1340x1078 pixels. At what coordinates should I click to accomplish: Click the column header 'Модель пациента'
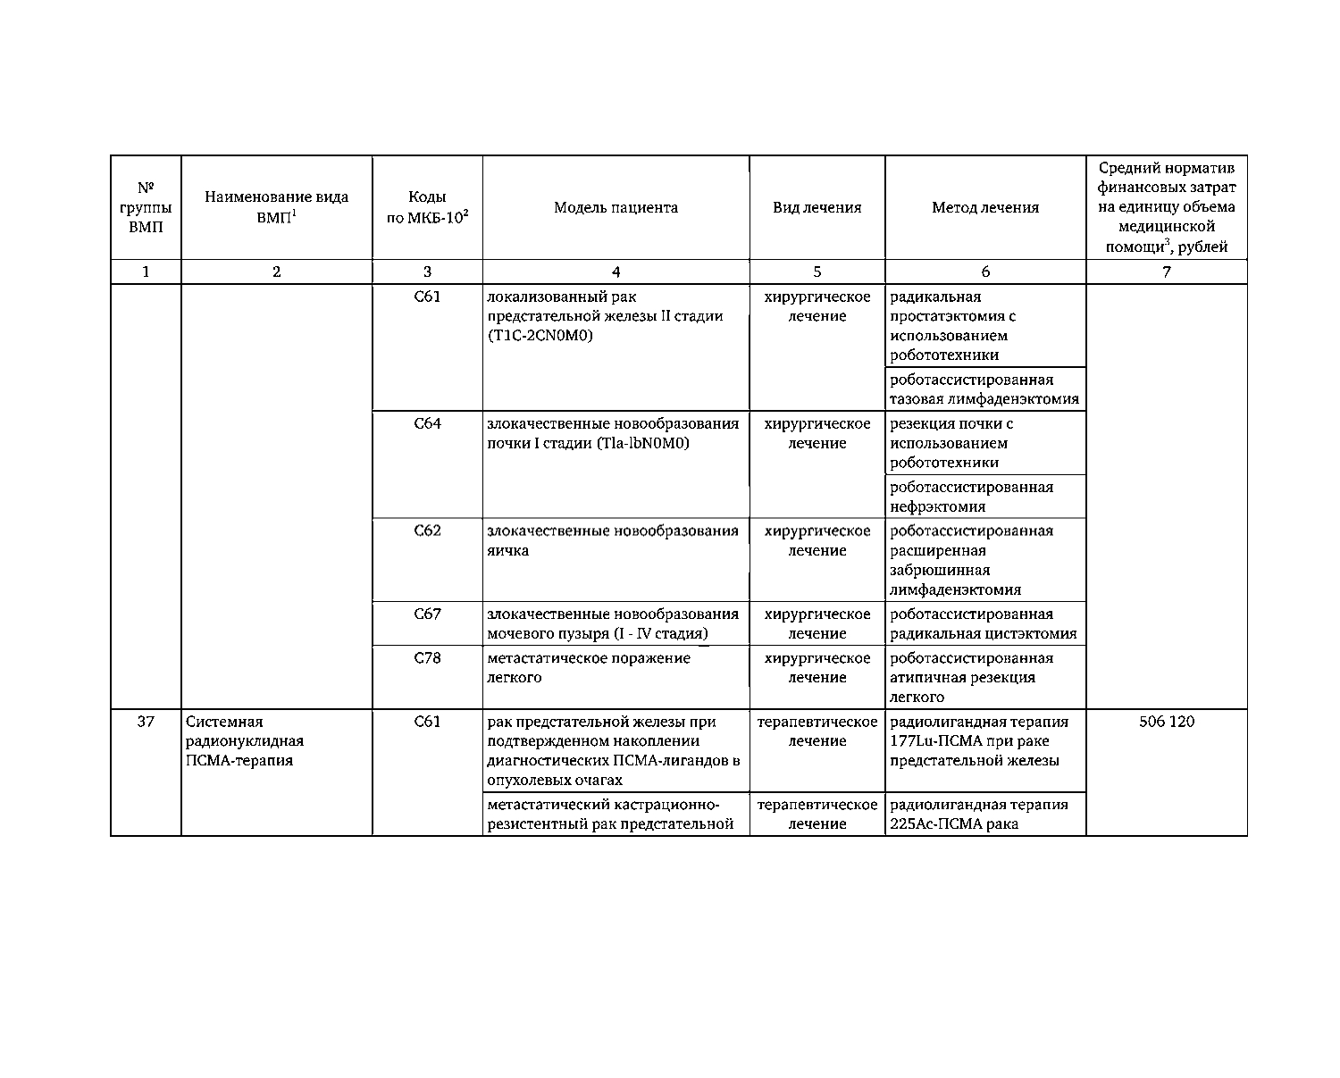point(616,208)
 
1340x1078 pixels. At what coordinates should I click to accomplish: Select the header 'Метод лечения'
point(985,208)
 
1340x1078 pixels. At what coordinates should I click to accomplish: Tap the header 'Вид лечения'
point(817,208)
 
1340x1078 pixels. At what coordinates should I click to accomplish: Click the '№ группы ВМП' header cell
point(146,208)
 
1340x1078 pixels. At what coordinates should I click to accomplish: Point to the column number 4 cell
point(616,272)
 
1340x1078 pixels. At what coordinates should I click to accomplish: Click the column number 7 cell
point(1166,272)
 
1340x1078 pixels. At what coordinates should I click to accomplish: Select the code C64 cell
point(427,423)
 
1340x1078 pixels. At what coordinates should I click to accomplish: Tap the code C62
point(427,531)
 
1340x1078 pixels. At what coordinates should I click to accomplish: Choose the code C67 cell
point(427,614)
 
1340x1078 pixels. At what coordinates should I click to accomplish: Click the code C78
point(427,658)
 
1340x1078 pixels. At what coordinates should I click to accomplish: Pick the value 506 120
point(1166,722)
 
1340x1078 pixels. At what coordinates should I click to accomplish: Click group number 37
point(146,722)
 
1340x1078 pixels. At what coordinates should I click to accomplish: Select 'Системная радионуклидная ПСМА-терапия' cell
point(245,741)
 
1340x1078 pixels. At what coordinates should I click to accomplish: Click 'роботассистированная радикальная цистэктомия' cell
point(984,624)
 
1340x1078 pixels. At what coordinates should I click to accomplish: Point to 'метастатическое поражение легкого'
point(589,668)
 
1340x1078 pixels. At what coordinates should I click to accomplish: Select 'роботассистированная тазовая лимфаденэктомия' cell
point(984,389)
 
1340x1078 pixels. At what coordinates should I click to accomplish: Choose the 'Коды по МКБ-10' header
point(427,208)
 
